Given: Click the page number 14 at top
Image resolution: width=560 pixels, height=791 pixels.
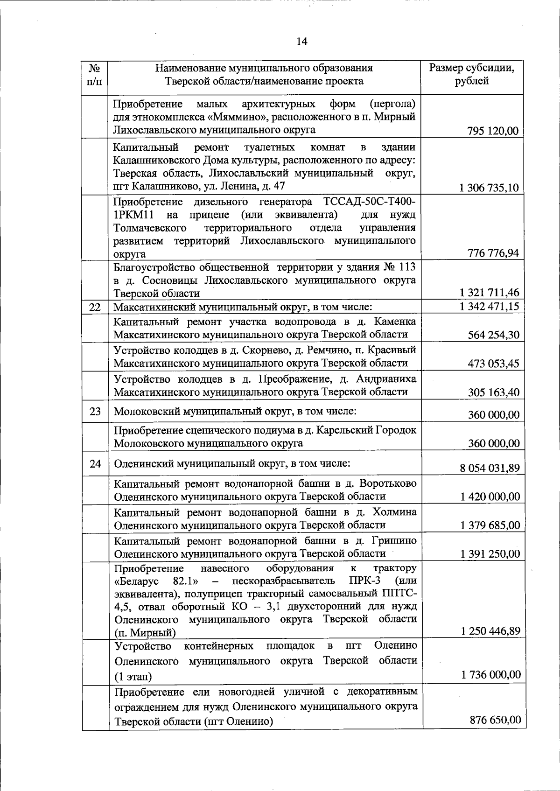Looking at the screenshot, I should [302, 42].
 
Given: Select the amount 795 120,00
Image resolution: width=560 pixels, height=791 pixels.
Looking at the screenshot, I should [492, 131].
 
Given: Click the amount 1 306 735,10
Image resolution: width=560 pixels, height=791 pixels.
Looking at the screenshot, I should [489, 188].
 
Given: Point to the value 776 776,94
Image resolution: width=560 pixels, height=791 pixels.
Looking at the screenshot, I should [493, 253].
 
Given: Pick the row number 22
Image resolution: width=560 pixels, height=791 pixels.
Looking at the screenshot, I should [95, 307].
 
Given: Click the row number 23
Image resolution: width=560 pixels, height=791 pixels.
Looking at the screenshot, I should [95, 412].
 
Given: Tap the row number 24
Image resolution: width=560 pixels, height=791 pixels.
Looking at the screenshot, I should [95, 464].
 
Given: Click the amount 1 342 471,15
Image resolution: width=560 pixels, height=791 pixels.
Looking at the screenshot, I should [489, 307].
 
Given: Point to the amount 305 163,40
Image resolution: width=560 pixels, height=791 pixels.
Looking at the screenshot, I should [493, 392].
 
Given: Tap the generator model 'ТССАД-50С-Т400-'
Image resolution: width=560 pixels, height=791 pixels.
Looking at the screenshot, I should [369, 202].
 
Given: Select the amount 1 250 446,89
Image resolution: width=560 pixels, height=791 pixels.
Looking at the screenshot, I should [490, 631].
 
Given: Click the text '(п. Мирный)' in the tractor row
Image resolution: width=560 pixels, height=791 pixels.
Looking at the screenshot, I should [145, 633].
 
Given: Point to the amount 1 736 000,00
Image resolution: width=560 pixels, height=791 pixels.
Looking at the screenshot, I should [490, 674].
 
